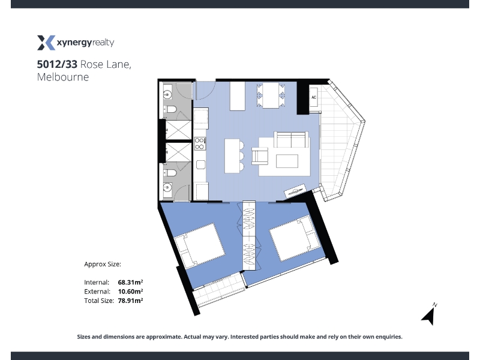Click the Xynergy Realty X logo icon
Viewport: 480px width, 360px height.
tap(46, 43)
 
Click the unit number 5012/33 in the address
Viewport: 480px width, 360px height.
tap(57, 64)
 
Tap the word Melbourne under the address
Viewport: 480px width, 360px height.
tap(63, 77)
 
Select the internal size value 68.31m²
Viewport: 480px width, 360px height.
tap(130, 282)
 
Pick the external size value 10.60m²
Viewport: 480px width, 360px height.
tap(130, 291)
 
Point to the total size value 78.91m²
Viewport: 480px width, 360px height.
tap(130, 301)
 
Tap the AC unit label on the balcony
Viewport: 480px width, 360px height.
tap(314, 97)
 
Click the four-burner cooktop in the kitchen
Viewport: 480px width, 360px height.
tap(200, 143)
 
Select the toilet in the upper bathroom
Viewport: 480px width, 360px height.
tap(170, 109)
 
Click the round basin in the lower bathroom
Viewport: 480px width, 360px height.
tap(167, 187)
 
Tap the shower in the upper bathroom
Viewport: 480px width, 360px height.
tap(178, 130)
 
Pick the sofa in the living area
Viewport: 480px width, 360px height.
tap(291, 140)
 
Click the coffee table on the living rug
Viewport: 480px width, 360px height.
tap(287, 161)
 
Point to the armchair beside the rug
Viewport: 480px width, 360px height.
tap(260, 155)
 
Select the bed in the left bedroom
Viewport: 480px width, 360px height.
tap(199, 245)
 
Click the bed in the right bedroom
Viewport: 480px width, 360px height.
tap(295, 238)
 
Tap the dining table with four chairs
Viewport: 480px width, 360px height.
tap(271, 95)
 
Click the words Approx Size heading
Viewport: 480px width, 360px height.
tap(103, 264)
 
